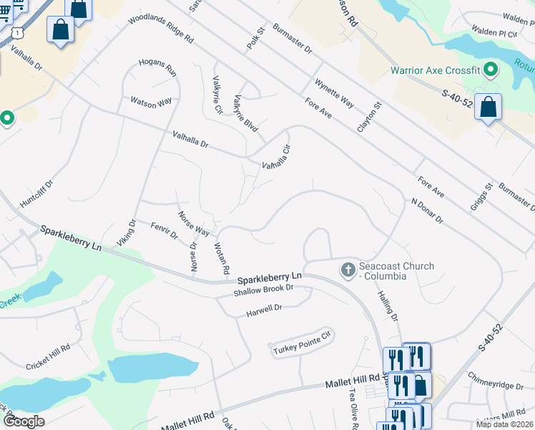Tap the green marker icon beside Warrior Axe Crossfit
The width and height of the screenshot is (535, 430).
click(491, 70)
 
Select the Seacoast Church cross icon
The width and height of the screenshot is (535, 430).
click(348, 270)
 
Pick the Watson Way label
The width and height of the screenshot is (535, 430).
click(151, 102)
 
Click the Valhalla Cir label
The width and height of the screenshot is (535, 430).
click(276, 156)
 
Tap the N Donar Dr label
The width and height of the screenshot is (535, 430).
click(427, 211)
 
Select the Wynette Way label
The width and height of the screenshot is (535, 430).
click(334, 93)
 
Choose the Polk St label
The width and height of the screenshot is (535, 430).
click(256, 38)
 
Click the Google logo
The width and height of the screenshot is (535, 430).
click(24, 421)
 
